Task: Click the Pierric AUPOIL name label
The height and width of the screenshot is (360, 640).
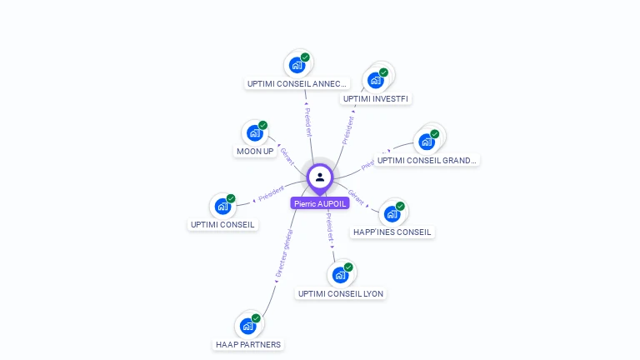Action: pos(320,203)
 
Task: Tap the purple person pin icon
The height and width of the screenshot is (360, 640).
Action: pos(320,177)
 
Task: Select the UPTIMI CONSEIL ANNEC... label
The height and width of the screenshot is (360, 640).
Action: pos(297,83)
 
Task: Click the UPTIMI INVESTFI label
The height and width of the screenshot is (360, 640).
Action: pos(376,98)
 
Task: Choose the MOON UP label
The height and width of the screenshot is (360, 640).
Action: pos(255,151)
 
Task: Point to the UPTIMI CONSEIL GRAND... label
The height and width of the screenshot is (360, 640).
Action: pos(426,160)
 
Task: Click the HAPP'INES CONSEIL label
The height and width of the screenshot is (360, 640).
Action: pos(392,232)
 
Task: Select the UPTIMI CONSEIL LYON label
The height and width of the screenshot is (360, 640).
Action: pos(340,293)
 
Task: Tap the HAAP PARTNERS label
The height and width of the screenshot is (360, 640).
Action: pos(248,344)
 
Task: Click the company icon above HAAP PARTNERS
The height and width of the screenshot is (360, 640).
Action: pos(248,326)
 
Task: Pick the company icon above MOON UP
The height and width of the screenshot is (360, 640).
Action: pos(255,132)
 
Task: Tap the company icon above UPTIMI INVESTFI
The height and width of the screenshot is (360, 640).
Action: pos(376,80)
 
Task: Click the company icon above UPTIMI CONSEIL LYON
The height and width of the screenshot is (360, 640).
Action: pos(340,275)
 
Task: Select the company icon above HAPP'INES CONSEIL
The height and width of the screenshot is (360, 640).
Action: pos(392,213)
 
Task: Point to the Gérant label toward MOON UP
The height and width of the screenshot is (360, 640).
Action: pos(287,156)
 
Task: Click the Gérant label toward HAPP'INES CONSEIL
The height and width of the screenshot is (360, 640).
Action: pos(357,197)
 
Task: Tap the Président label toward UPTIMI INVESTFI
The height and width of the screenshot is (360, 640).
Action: pos(347,130)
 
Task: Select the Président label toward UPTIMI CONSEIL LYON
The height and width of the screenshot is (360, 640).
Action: pos(330,226)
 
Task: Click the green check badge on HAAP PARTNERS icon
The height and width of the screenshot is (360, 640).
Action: pos(256,318)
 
